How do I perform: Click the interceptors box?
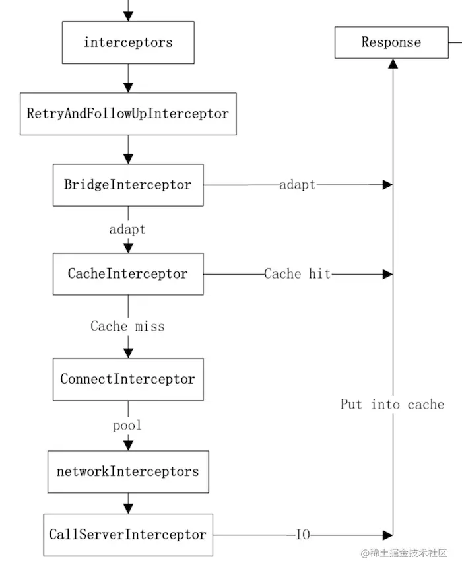coord(128,43)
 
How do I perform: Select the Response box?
coord(391,43)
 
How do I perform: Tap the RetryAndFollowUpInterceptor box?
coord(128,114)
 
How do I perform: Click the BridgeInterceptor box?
coord(128,185)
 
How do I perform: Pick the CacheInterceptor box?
coord(128,274)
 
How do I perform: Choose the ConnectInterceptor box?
coord(128,380)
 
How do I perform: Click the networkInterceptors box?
coord(128,472)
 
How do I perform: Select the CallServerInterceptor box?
coord(128,535)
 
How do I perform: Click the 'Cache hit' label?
coord(297,274)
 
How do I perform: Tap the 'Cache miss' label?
coord(127,327)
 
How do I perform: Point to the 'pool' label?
coord(127,426)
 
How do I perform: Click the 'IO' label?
coord(303,535)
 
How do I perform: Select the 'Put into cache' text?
coord(392,405)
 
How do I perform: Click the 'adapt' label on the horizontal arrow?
coord(297,185)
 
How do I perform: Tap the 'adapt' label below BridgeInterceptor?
coord(127,230)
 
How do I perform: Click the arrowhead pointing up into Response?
coord(393,63)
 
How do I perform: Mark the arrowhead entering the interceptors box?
coord(128,17)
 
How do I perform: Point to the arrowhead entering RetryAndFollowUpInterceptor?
coord(128,87)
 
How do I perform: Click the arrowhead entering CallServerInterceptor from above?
coord(128,508)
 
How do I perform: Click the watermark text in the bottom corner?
coord(403,553)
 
